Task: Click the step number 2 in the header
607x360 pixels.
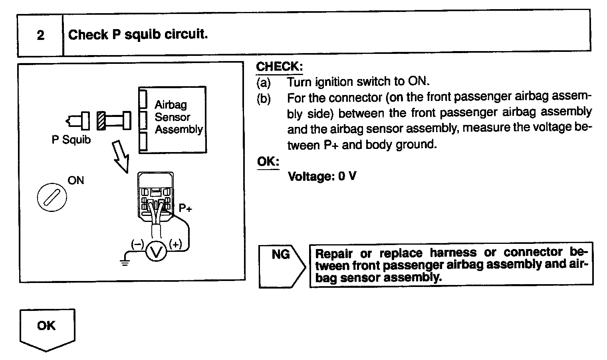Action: click(x=40, y=36)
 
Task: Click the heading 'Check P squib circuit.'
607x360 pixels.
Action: click(x=138, y=35)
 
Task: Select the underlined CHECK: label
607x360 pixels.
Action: click(x=279, y=67)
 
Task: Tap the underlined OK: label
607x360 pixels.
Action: click(x=268, y=162)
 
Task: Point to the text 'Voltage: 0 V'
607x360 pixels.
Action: click(x=322, y=176)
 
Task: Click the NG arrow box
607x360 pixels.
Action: click(x=282, y=265)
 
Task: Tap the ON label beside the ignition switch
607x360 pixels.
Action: click(x=76, y=180)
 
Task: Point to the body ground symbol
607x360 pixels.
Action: click(x=125, y=261)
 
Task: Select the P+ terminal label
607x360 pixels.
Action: click(x=185, y=208)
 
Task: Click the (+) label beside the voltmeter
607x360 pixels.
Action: click(x=176, y=244)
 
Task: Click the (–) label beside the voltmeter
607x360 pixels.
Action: click(x=137, y=244)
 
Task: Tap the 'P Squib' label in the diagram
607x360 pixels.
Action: click(x=71, y=140)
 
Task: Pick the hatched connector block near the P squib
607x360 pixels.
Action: click(x=101, y=121)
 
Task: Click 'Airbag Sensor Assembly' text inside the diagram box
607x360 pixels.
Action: click(x=179, y=117)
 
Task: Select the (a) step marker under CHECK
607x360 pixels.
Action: click(x=264, y=82)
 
